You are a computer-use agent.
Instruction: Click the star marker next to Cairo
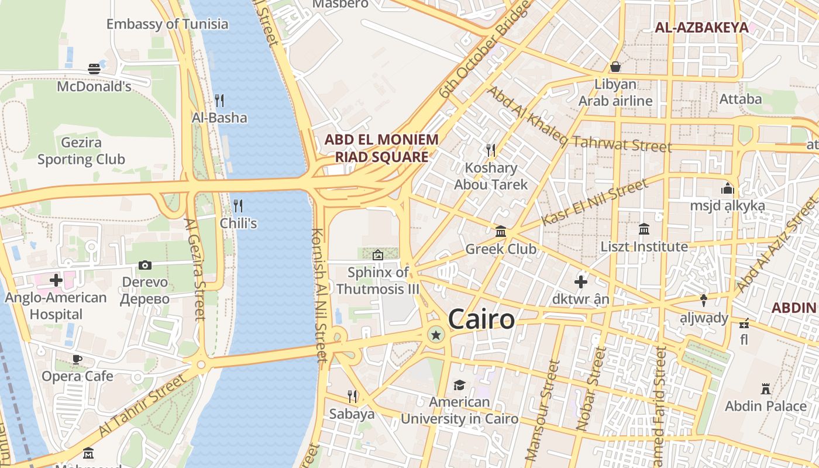click(x=435, y=335)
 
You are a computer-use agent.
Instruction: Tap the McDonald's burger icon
click(x=94, y=69)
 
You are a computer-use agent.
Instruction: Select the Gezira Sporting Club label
click(x=81, y=151)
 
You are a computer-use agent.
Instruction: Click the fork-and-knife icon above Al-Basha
click(x=219, y=100)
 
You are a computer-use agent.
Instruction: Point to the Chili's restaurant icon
click(x=238, y=205)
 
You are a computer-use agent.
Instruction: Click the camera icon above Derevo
click(x=145, y=265)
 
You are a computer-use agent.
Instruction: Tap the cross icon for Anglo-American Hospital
click(x=56, y=280)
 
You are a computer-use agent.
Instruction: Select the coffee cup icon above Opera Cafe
click(x=77, y=359)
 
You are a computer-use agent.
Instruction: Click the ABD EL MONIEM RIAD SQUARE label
click(x=381, y=148)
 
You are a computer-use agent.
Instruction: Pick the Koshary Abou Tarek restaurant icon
click(x=491, y=150)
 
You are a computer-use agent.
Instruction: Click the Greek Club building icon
click(x=501, y=232)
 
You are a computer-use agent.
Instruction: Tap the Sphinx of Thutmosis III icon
click(x=378, y=254)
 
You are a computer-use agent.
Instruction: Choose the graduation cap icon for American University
click(x=459, y=385)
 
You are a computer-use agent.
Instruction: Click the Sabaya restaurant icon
click(x=352, y=397)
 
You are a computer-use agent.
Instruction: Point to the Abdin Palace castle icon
click(x=765, y=388)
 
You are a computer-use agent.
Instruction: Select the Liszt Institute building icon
click(x=644, y=229)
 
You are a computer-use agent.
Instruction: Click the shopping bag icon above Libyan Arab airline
click(x=615, y=67)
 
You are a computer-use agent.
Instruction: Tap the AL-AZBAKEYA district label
click(x=701, y=27)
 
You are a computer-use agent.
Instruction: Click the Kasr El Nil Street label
click(x=594, y=203)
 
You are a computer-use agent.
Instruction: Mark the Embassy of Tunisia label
click(x=167, y=24)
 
